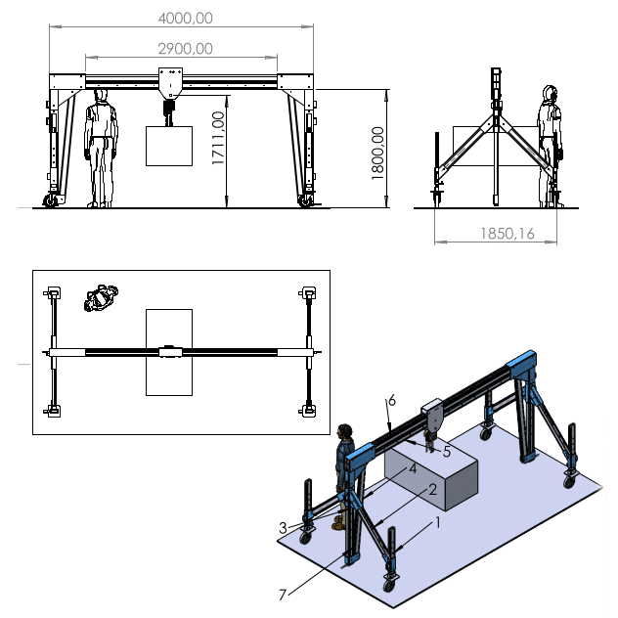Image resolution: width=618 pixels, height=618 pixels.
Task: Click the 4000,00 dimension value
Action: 185,19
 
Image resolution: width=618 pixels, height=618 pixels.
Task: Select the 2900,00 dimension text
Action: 185,49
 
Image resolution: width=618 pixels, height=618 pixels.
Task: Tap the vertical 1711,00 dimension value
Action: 218,138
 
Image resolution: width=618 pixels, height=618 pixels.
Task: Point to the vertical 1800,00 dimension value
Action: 377,153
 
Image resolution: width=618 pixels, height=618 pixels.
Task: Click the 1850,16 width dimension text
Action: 508,234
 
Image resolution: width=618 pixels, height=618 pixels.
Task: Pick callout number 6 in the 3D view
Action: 391,401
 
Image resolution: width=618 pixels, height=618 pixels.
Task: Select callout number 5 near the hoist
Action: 447,452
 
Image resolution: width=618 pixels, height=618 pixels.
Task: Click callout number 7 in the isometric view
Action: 283,595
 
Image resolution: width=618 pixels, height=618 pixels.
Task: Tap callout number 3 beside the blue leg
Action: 283,528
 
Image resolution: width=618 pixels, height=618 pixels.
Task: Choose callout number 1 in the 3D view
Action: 437,522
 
